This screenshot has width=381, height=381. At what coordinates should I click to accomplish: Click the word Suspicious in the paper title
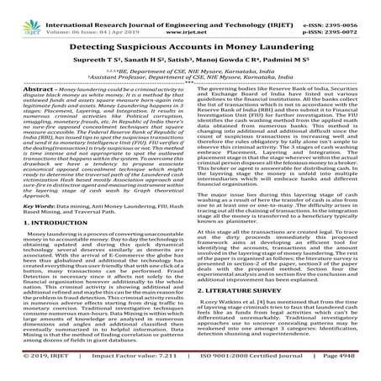point(161,37)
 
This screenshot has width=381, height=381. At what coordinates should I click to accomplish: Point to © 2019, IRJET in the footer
point(28,371)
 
